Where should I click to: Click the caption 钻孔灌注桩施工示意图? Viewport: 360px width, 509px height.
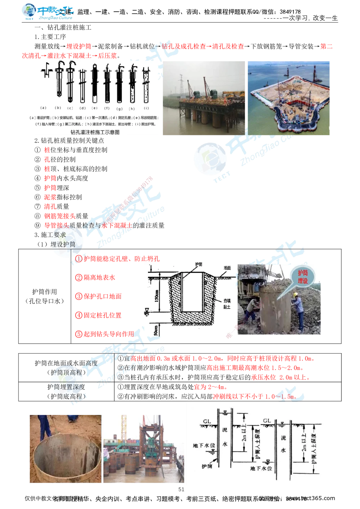pos(95,132)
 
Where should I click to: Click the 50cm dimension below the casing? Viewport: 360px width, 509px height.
pos(156,329)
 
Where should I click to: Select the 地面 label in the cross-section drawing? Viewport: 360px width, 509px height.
pos(227,268)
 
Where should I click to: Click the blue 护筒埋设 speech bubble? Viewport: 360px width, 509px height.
pos(303,277)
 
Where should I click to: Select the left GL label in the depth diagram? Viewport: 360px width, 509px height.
pos(207,421)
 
